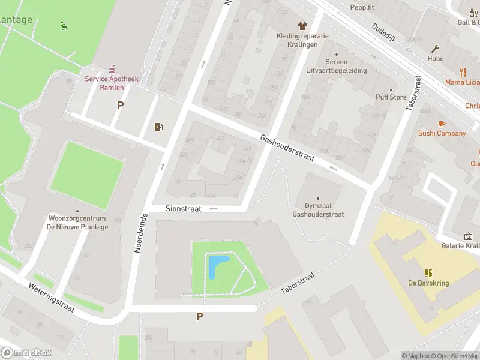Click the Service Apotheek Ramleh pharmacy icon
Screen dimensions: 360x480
pos(112,70)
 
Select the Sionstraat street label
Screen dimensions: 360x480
pos(183,208)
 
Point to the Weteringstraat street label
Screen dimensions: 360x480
pos(51,298)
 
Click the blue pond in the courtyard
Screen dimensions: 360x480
pos(216,265)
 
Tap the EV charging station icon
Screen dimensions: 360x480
pos(158,127)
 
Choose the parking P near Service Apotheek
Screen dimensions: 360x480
pos(120,105)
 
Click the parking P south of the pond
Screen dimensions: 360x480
pos(199,316)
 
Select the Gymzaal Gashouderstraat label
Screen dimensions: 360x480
pos(318,209)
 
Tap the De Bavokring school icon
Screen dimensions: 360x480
pos(428,273)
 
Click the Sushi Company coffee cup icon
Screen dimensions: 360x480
pos(442,123)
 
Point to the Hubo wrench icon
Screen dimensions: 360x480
pos(436,49)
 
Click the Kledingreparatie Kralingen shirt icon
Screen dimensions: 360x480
pos(302,26)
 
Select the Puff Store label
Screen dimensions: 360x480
pos(391,97)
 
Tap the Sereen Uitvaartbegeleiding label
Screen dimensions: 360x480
pos(336,66)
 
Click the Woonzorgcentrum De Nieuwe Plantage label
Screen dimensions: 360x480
pos(77,223)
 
